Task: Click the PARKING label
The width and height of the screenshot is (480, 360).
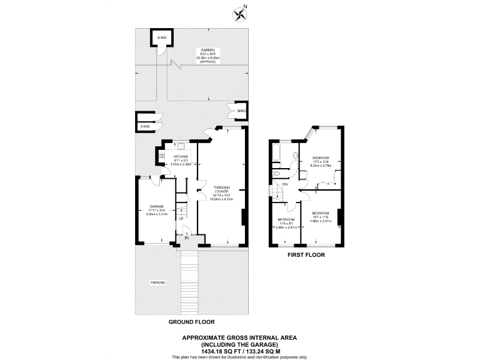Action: pos(157,282)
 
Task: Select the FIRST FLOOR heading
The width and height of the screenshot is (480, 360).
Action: pos(306,255)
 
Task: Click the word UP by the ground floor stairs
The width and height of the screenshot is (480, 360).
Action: pos(181,219)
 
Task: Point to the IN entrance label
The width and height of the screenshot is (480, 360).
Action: pos(186,238)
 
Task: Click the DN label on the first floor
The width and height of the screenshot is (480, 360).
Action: pos(284,184)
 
